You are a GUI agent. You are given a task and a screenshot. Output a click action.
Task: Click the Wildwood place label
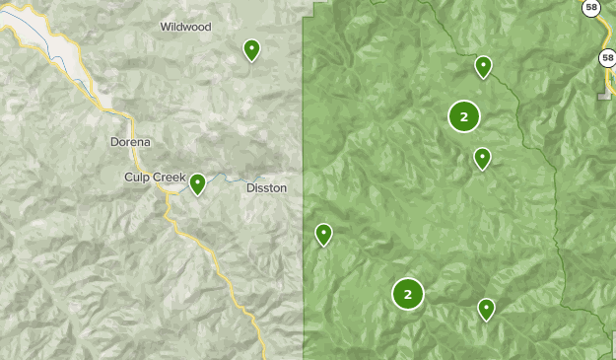coord(185,27)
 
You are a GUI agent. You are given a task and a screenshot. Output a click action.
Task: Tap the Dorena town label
coord(130,142)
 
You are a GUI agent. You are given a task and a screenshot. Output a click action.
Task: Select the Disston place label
coord(266,187)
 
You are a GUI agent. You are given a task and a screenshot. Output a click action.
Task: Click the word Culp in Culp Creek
coord(136,177)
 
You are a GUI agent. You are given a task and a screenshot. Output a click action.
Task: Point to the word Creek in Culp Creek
coord(168,177)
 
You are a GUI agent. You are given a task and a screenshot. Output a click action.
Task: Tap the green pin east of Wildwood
coord(251,49)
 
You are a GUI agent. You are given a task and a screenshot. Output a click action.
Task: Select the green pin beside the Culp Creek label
coord(197,183)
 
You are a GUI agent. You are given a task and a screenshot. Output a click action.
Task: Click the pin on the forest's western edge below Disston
coord(323,234)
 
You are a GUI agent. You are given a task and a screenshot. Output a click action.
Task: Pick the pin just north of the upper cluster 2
coord(483,66)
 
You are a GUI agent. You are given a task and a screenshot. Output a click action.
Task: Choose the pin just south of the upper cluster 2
coord(482,158)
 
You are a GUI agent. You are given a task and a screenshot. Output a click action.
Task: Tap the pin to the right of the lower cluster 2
coord(486,309)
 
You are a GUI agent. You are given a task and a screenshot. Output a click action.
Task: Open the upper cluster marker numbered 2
coord(463,116)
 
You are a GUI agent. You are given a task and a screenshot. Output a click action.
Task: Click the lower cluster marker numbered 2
coord(407,293)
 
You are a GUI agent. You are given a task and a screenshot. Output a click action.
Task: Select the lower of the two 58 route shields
coord(608,58)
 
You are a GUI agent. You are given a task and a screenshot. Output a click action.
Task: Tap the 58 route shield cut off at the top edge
coord(590,6)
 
